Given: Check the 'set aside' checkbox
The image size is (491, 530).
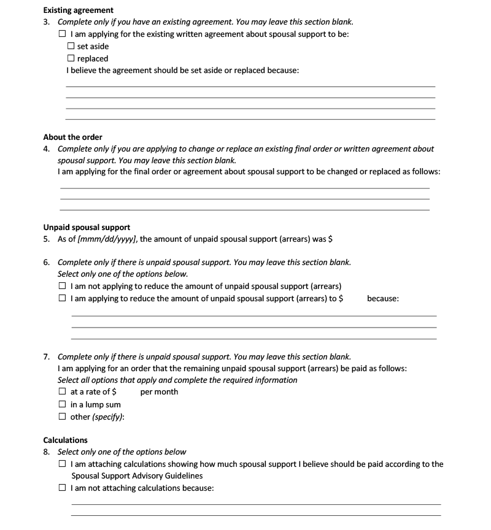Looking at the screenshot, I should [x=71, y=46].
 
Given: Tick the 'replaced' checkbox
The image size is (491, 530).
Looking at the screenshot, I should [x=71, y=58].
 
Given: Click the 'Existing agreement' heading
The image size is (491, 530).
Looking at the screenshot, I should [x=78, y=10].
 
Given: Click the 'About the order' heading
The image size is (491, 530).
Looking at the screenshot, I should [x=72, y=137].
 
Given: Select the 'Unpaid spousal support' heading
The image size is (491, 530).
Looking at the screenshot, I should [x=87, y=227].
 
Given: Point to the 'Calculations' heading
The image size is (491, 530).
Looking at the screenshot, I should [x=65, y=440].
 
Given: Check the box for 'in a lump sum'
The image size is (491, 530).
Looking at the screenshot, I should [x=62, y=404].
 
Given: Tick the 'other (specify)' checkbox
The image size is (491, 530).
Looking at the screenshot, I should [x=62, y=417].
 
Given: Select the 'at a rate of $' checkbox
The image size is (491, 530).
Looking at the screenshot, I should [x=62, y=391].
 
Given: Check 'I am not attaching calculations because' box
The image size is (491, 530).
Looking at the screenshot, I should [x=63, y=488].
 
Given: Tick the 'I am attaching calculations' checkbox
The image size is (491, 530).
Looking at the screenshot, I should [x=63, y=464].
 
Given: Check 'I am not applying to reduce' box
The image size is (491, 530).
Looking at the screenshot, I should [x=62, y=286].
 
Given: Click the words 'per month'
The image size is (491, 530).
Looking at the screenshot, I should [x=159, y=391].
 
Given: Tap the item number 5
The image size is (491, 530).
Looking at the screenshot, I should [x=47, y=239].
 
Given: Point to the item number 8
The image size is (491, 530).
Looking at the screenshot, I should [x=47, y=452].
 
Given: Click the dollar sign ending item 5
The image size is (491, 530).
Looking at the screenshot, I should [x=330, y=239].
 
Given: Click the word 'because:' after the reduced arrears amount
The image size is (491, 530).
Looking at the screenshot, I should [x=383, y=298].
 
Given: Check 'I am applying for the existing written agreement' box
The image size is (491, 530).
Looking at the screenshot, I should [x=62, y=34].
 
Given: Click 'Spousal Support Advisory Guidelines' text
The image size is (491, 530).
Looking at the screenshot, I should [x=136, y=475].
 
